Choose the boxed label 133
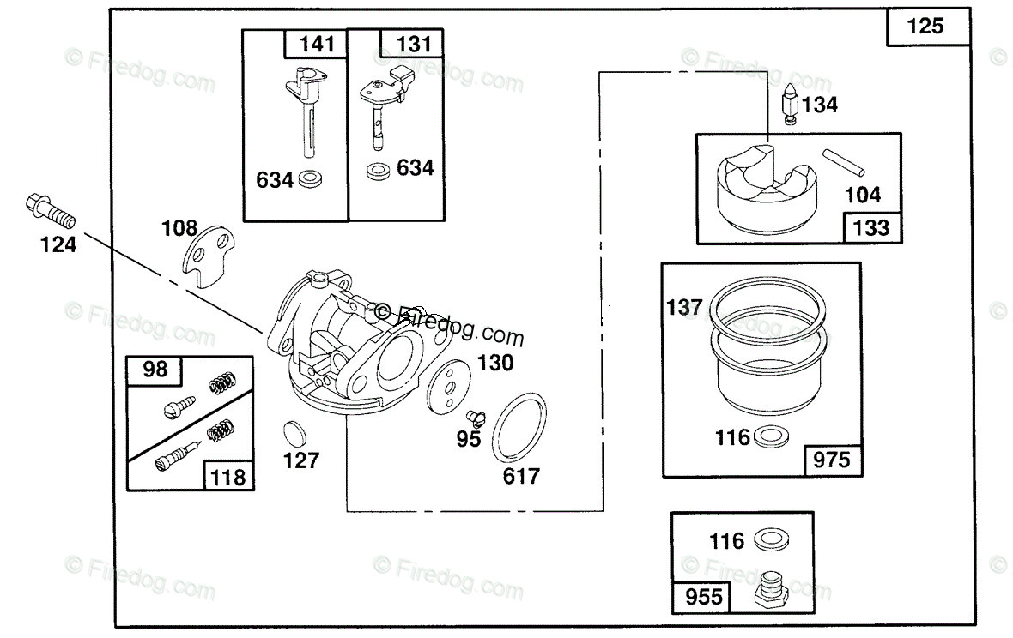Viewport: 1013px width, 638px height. (871, 229)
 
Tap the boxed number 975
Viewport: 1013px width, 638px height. (832, 460)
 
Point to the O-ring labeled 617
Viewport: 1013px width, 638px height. (519, 426)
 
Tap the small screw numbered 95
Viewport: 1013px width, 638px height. (476, 418)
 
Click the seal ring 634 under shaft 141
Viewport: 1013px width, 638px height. (309, 180)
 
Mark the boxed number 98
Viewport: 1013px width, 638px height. (155, 370)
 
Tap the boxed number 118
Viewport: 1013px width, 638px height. (229, 477)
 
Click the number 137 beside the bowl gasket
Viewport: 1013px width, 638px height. (684, 306)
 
